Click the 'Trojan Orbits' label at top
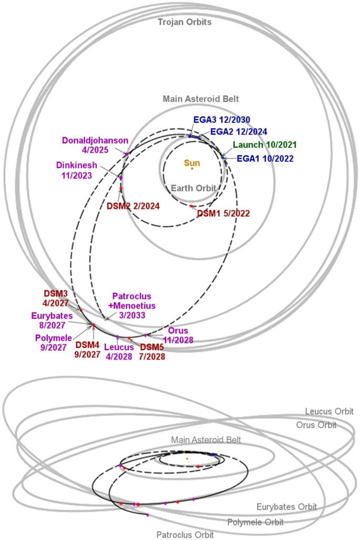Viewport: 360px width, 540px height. coord(184,22)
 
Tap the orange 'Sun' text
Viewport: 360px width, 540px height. coord(192,163)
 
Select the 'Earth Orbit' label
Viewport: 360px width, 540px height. coord(192,188)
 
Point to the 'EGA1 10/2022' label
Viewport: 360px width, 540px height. coord(264,158)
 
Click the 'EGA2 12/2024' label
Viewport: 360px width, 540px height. coord(239,131)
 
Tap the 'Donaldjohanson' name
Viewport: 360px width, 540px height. coord(95,140)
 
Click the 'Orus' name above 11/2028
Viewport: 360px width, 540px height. coord(177,331)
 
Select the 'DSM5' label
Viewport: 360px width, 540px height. coord(151,347)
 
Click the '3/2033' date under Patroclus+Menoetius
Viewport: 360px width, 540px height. coord(132,315)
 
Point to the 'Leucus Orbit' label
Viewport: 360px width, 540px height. coord(329,411)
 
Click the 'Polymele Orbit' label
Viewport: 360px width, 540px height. coord(255,522)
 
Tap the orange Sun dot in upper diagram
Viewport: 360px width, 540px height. coord(192,168)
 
